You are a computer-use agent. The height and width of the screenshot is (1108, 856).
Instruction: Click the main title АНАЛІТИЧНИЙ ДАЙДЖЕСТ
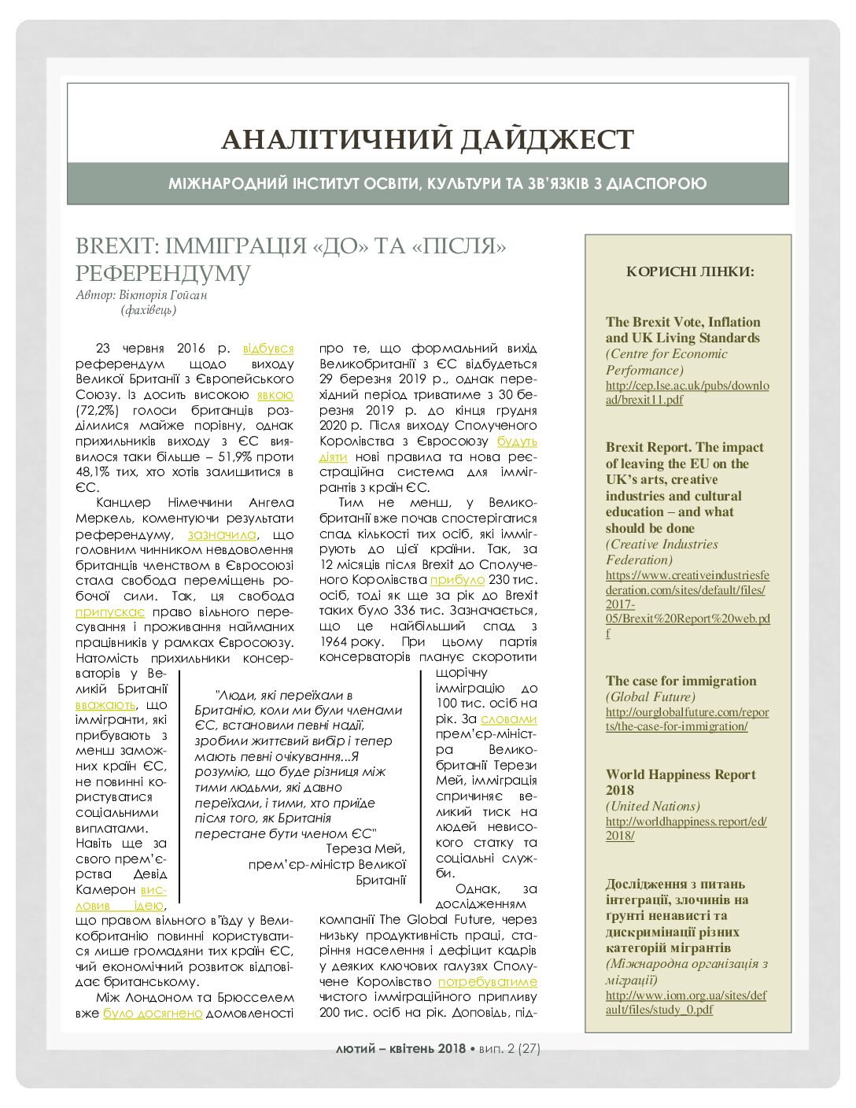click(x=427, y=139)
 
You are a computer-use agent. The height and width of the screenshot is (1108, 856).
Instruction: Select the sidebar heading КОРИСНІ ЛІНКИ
click(x=690, y=271)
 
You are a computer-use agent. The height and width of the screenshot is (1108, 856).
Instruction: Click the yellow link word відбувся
click(x=268, y=348)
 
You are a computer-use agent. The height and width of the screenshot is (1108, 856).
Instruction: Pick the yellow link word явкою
click(x=275, y=394)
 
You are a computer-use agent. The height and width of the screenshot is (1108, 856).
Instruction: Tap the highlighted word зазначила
click(x=222, y=534)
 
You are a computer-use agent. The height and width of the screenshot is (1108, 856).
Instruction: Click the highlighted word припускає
click(x=110, y=611)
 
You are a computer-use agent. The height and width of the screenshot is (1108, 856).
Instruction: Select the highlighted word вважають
click(x=105, y=704)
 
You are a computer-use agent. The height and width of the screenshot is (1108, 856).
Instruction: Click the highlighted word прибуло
click(x=457, y=580)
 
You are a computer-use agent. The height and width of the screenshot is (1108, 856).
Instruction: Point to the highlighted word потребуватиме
click(x=487, y=981)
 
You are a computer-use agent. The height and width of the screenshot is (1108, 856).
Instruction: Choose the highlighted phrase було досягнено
click(x=153, y=1013)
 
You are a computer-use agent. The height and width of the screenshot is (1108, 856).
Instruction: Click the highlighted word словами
click(x=508, y=718)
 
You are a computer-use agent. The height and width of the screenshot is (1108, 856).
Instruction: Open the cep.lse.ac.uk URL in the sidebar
click(x=687, y=393)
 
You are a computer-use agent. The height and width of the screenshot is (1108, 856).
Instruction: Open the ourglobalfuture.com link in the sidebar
click(x=687, y=719)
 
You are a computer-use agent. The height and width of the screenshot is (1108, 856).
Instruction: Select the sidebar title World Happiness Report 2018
click(x=681, y=782)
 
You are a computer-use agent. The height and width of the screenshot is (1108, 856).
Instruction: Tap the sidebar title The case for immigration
click(x=681, y=681)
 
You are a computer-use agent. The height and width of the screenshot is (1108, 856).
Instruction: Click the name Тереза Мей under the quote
click(x=365, y=848)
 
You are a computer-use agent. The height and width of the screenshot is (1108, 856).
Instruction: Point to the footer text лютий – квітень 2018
click(x=400, y=1048)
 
